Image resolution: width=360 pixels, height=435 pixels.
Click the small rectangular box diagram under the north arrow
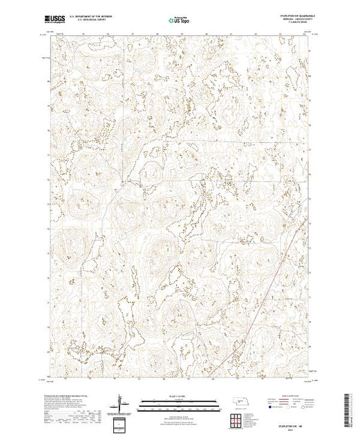point(122,422)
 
